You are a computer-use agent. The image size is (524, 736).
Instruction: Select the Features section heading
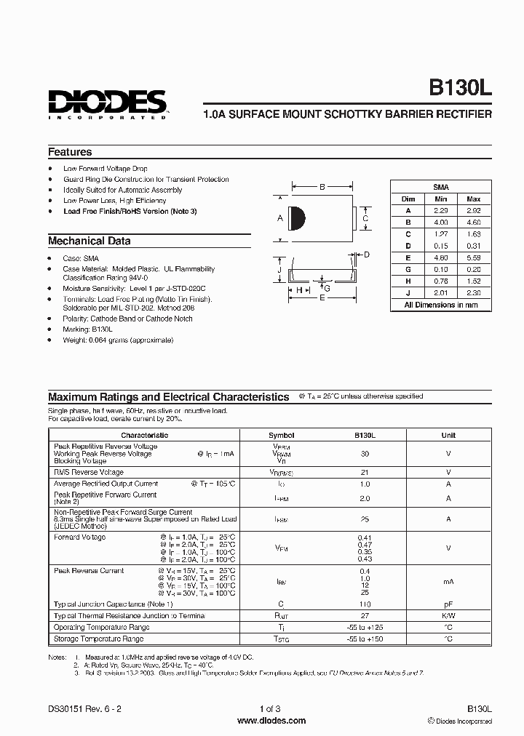coord(70,152)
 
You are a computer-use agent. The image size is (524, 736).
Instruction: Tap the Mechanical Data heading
coord(90,241)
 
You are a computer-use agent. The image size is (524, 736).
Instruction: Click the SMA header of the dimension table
coord(441,187)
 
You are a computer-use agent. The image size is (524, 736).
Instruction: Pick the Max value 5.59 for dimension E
coord(473,258)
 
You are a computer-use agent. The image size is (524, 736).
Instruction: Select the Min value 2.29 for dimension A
coord(441,210)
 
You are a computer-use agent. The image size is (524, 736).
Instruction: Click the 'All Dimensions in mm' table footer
coord(441,305)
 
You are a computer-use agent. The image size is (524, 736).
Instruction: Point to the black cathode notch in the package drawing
coord(297,218)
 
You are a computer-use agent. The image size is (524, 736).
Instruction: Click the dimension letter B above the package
coord(322,187)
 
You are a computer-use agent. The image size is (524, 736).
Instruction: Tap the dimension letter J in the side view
coord(279,270)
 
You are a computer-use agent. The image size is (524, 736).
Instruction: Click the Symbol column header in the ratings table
coord(281,435)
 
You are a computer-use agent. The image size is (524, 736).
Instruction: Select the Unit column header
coord(448,435)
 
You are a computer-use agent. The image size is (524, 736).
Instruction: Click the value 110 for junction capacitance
coord(365,604)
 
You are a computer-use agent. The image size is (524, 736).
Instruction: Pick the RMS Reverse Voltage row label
coord(89,472)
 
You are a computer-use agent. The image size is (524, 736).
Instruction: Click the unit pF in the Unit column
coord(448,604)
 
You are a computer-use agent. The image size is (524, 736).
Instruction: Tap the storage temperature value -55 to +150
coord(365,639)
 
